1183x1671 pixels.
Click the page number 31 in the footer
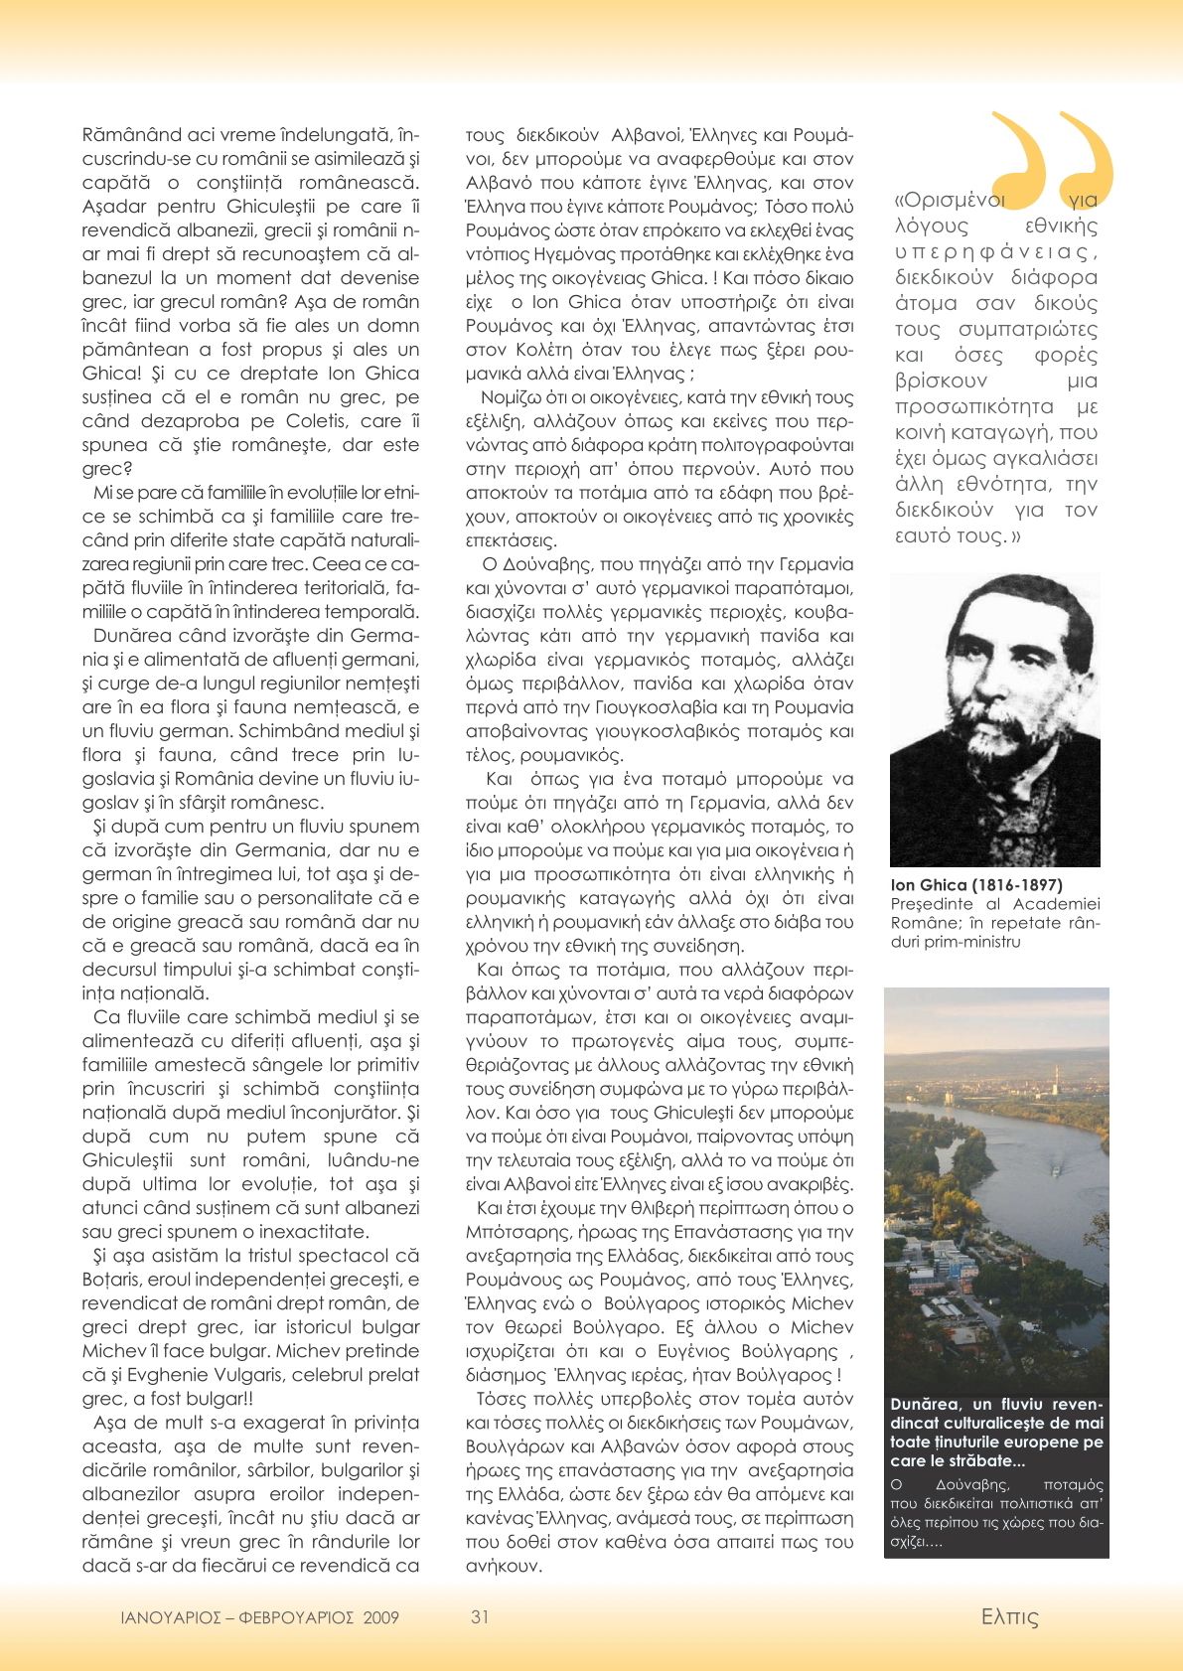point(480,1616)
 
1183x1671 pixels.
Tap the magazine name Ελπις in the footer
point(1009,1617)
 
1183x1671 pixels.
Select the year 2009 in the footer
point(380,1617)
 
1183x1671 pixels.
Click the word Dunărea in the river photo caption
point(926,1405)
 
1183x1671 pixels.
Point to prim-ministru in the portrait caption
point(955,941)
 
